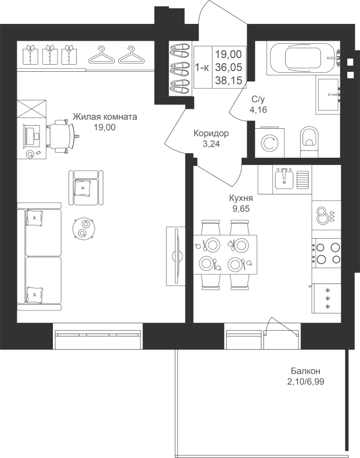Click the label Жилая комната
click(105, 117)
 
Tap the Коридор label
click(211, 133)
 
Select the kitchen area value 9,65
click(241, 209)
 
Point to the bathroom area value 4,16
click(258, 110)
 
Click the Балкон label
click(306, 371)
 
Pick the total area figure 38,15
click(229, 80)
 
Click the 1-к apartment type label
click(202, 68)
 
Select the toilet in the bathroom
click(309, 139)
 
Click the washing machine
click(268, 142)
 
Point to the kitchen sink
click(284, 178)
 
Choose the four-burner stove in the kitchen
click(326, 253)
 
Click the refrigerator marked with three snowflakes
click(326, 298)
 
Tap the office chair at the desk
click(62, 136)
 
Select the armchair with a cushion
click(86, 188)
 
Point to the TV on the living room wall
click(177, 256)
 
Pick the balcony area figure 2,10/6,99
click(306, 382)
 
